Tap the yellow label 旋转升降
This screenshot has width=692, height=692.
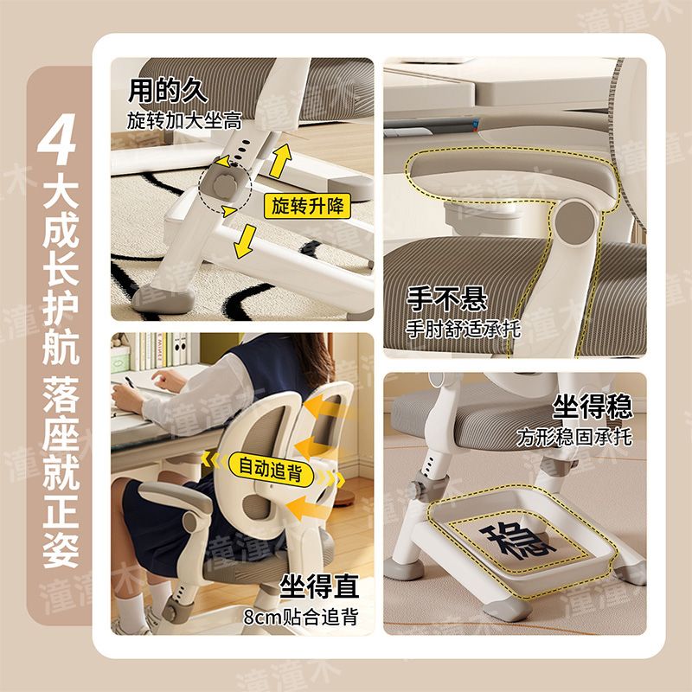(x=307, y=206)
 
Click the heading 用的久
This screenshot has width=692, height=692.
(x=168, y=91)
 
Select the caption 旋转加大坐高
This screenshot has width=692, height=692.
(x=184, y=120)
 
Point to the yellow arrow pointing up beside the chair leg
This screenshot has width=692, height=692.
(x=280, y=161)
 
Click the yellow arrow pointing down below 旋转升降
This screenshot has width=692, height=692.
(x=245, y=241)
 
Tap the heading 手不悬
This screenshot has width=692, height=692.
(x=446, y=298)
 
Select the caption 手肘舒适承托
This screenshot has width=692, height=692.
(x=464, y=329)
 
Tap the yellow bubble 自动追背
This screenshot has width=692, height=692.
(x=271, y=469)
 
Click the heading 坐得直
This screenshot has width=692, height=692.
(x=319, y=586)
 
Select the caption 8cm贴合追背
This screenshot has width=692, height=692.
(x=300, y=617)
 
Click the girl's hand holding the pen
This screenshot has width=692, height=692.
(x=127, y=397)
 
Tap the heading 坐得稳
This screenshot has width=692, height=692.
(x=593, y=407)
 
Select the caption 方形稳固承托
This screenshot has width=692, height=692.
(x=575, y=437)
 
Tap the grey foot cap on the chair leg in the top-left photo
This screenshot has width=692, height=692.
(x=163, y=299)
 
